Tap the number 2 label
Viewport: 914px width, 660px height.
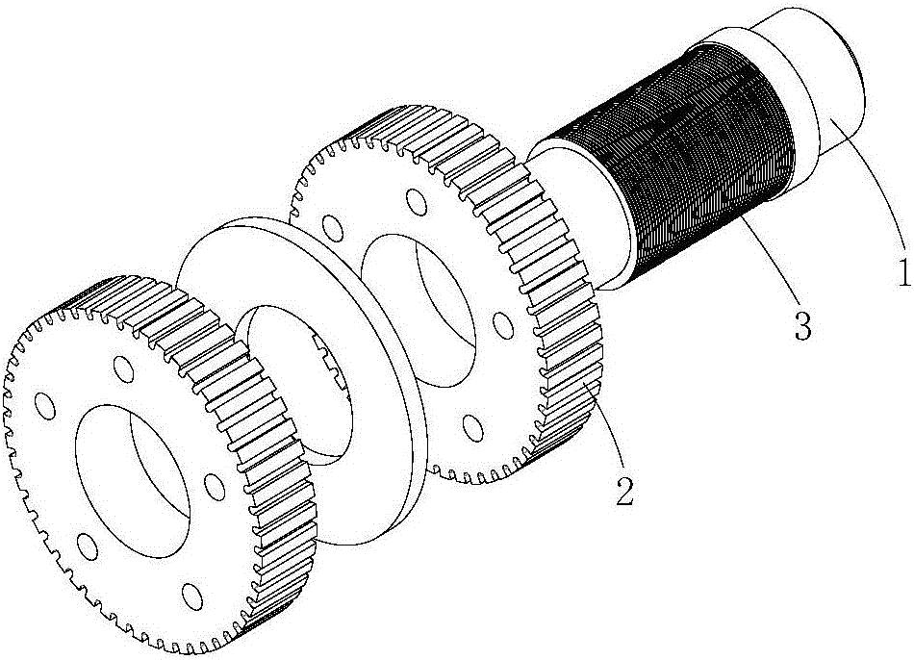coord(624,493)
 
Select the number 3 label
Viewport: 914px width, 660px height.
coord(801,327)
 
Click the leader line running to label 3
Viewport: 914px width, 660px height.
coord(766,265)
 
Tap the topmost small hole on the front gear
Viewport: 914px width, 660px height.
coord(123,367)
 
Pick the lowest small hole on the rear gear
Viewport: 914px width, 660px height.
coord(471,423)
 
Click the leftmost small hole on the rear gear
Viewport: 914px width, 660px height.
coord(333,230)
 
